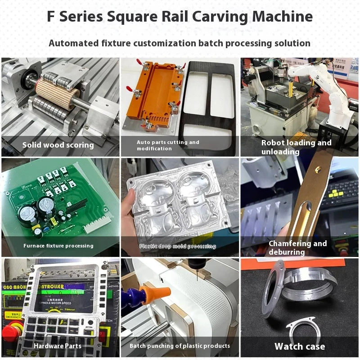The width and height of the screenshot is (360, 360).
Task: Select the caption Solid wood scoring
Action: (58, 145)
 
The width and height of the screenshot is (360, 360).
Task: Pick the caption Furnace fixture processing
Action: (58, 246)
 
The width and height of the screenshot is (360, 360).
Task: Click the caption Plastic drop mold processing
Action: (177, 246)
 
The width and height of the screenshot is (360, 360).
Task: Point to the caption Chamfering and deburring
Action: (297, 247)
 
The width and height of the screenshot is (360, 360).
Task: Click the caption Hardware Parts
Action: (58, 346)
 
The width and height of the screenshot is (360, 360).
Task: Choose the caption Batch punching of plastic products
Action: (180, 346)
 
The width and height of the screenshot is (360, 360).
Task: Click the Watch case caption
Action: (300, 346)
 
